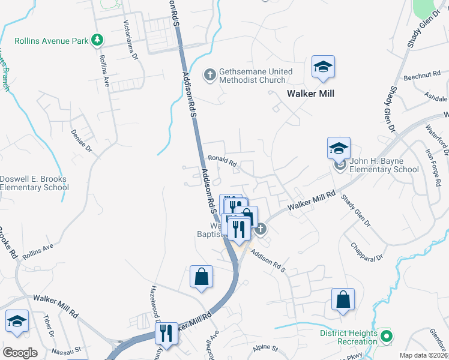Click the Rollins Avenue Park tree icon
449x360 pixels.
(97, 41)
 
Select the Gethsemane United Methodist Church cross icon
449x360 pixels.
(210, 75)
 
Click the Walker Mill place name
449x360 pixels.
(310, 94)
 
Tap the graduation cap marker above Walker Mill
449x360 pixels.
(323, 68)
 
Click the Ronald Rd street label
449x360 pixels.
(223, 161)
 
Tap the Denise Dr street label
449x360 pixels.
(81, 140)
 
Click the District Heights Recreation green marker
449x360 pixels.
(387, 337)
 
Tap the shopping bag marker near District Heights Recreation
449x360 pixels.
(342, 300)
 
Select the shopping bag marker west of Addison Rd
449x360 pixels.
(201, 277)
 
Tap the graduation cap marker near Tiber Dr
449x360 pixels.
(17, 322)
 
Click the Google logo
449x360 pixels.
(20, 352)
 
